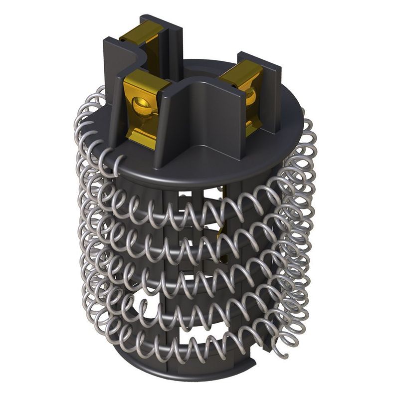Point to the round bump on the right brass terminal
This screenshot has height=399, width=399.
tap(251, 96)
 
